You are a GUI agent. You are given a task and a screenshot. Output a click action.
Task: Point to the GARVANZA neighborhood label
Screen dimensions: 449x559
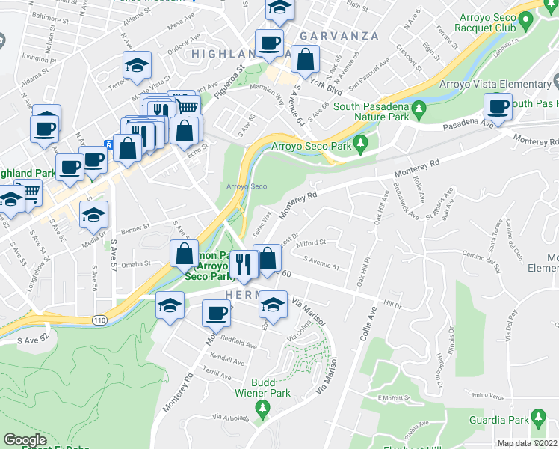(x=331, y=35)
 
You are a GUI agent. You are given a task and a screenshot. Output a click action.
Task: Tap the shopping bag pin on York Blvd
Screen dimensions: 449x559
(x=306, y=58)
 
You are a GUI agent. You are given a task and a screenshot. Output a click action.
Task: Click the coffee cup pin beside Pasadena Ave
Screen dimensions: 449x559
(x=498, y=106)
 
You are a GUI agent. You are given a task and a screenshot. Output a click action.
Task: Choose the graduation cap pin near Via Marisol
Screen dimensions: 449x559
(x=273, y=305)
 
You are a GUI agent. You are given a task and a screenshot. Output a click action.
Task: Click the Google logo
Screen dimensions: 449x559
(x=25, y=440)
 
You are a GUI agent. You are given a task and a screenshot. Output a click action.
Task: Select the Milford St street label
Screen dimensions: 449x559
(x=312, y=242)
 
